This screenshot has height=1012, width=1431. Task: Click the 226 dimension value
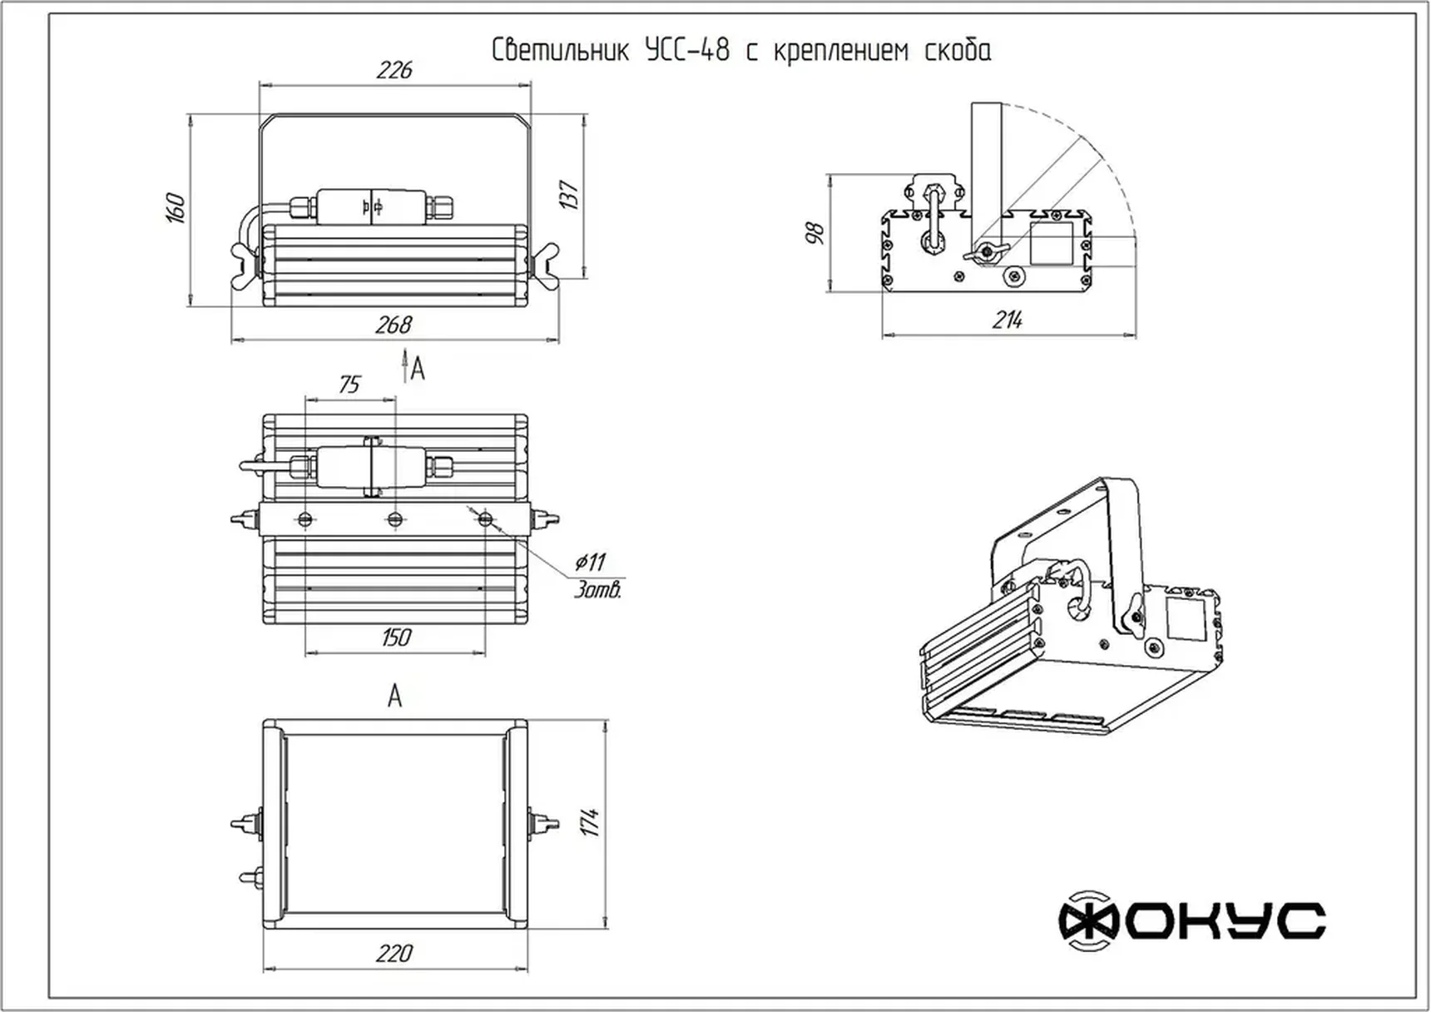point(394,70)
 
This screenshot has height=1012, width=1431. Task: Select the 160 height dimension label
point(175,208)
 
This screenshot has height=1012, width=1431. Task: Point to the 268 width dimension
point(394,325)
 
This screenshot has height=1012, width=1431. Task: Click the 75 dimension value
point(349,384)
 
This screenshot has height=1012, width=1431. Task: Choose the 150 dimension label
point(396,637)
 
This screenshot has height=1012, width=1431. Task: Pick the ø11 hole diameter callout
point(590,562)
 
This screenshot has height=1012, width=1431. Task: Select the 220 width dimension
point(394,953)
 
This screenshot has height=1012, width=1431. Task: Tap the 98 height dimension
point(815,232)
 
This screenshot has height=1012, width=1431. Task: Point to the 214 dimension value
point(1007,320)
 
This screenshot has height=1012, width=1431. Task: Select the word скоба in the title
point(958,52)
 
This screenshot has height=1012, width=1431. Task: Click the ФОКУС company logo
point(1191,920)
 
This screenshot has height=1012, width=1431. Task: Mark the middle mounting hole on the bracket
point(395,519)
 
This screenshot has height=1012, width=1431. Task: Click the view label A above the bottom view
point(394,696)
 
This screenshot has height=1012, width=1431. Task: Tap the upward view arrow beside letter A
point(404,366)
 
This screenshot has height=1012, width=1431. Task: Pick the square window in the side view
point(1052,244)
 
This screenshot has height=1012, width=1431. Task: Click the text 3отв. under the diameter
point(597,590)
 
